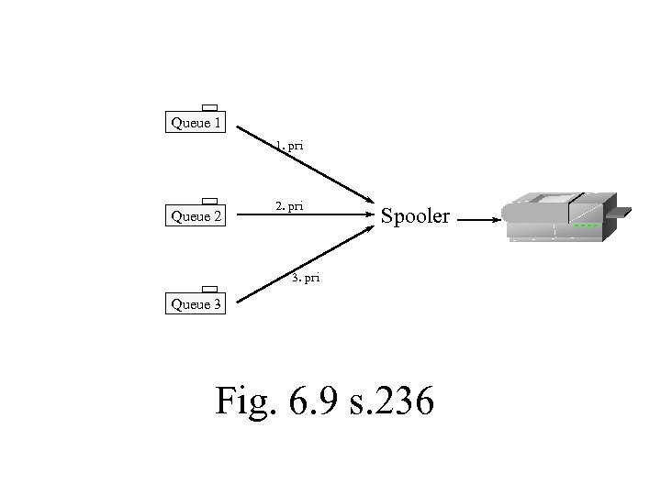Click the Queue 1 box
[x=196, y=122]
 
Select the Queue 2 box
[x=196, y=216]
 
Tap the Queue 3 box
[x=196, y=304]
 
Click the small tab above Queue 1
[x=209, y=107]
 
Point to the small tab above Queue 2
[x=209, y=201]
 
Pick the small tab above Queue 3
[x=209, y=290]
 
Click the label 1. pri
[x=290, y=146]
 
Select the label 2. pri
[x=289, y=206]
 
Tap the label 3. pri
[x=306, y=277]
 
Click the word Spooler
[x=415, y=217]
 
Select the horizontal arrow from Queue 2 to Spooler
[x=303, y=217]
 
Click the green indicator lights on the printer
[x=586, y=225]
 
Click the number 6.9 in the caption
[x=310, y=401]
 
